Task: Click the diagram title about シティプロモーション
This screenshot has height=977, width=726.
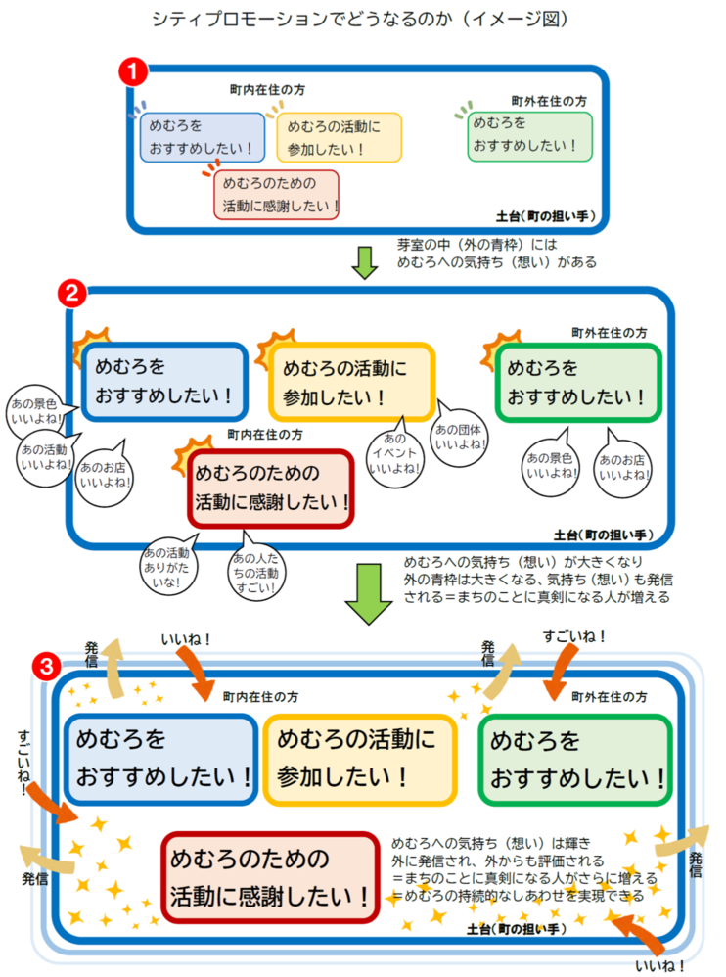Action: click(361, 19)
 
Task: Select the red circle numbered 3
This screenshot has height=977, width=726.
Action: click(44, 667)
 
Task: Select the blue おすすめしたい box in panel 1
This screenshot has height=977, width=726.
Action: click(203, 137)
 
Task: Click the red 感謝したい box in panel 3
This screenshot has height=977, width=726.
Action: click(270, 876)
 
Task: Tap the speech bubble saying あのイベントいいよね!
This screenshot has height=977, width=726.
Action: click(396, 453)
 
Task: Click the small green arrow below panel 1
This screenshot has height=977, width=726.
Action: click(365, 261)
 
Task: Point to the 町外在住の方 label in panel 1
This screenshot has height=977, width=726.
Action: click(549, 100)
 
